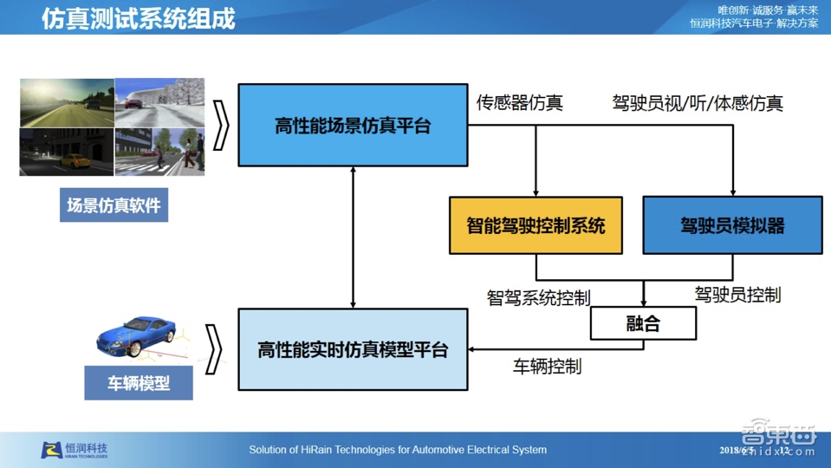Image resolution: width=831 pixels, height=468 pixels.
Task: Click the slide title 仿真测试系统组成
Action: [x=139, y=18]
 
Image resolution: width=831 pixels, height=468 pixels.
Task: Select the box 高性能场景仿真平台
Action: [x=353, y=126]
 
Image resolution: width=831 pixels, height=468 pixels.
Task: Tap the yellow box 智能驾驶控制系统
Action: [x=536, y=226]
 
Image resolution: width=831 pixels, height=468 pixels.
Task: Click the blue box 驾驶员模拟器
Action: [x=732, y=226]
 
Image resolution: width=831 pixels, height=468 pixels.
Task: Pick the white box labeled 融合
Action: [x=643, y=324]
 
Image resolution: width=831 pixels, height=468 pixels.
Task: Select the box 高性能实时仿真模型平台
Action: [x=353, y=349]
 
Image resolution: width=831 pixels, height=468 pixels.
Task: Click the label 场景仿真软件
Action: [x=114, y=206]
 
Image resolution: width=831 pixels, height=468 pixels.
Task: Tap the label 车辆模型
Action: [x=139, y=383]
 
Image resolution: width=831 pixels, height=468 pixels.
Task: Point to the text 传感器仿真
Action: [x=519, y=103]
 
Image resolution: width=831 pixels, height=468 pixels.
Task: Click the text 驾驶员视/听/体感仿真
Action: [x=698, y=104]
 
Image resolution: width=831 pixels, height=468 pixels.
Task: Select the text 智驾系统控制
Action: [x=538, y=298]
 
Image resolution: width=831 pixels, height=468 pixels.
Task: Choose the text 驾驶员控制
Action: [x=737, y=295]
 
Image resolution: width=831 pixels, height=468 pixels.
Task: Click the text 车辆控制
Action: [x=547, y=367]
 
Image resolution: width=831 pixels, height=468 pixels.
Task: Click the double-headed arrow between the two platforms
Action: [x=353, y=237]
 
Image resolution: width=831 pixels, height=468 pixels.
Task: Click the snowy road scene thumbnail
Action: [x=159, y=102]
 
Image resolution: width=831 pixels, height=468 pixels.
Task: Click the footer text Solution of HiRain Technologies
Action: [x=398, y=450]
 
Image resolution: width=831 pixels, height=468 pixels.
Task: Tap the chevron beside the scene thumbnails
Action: [x=221, y=127]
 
